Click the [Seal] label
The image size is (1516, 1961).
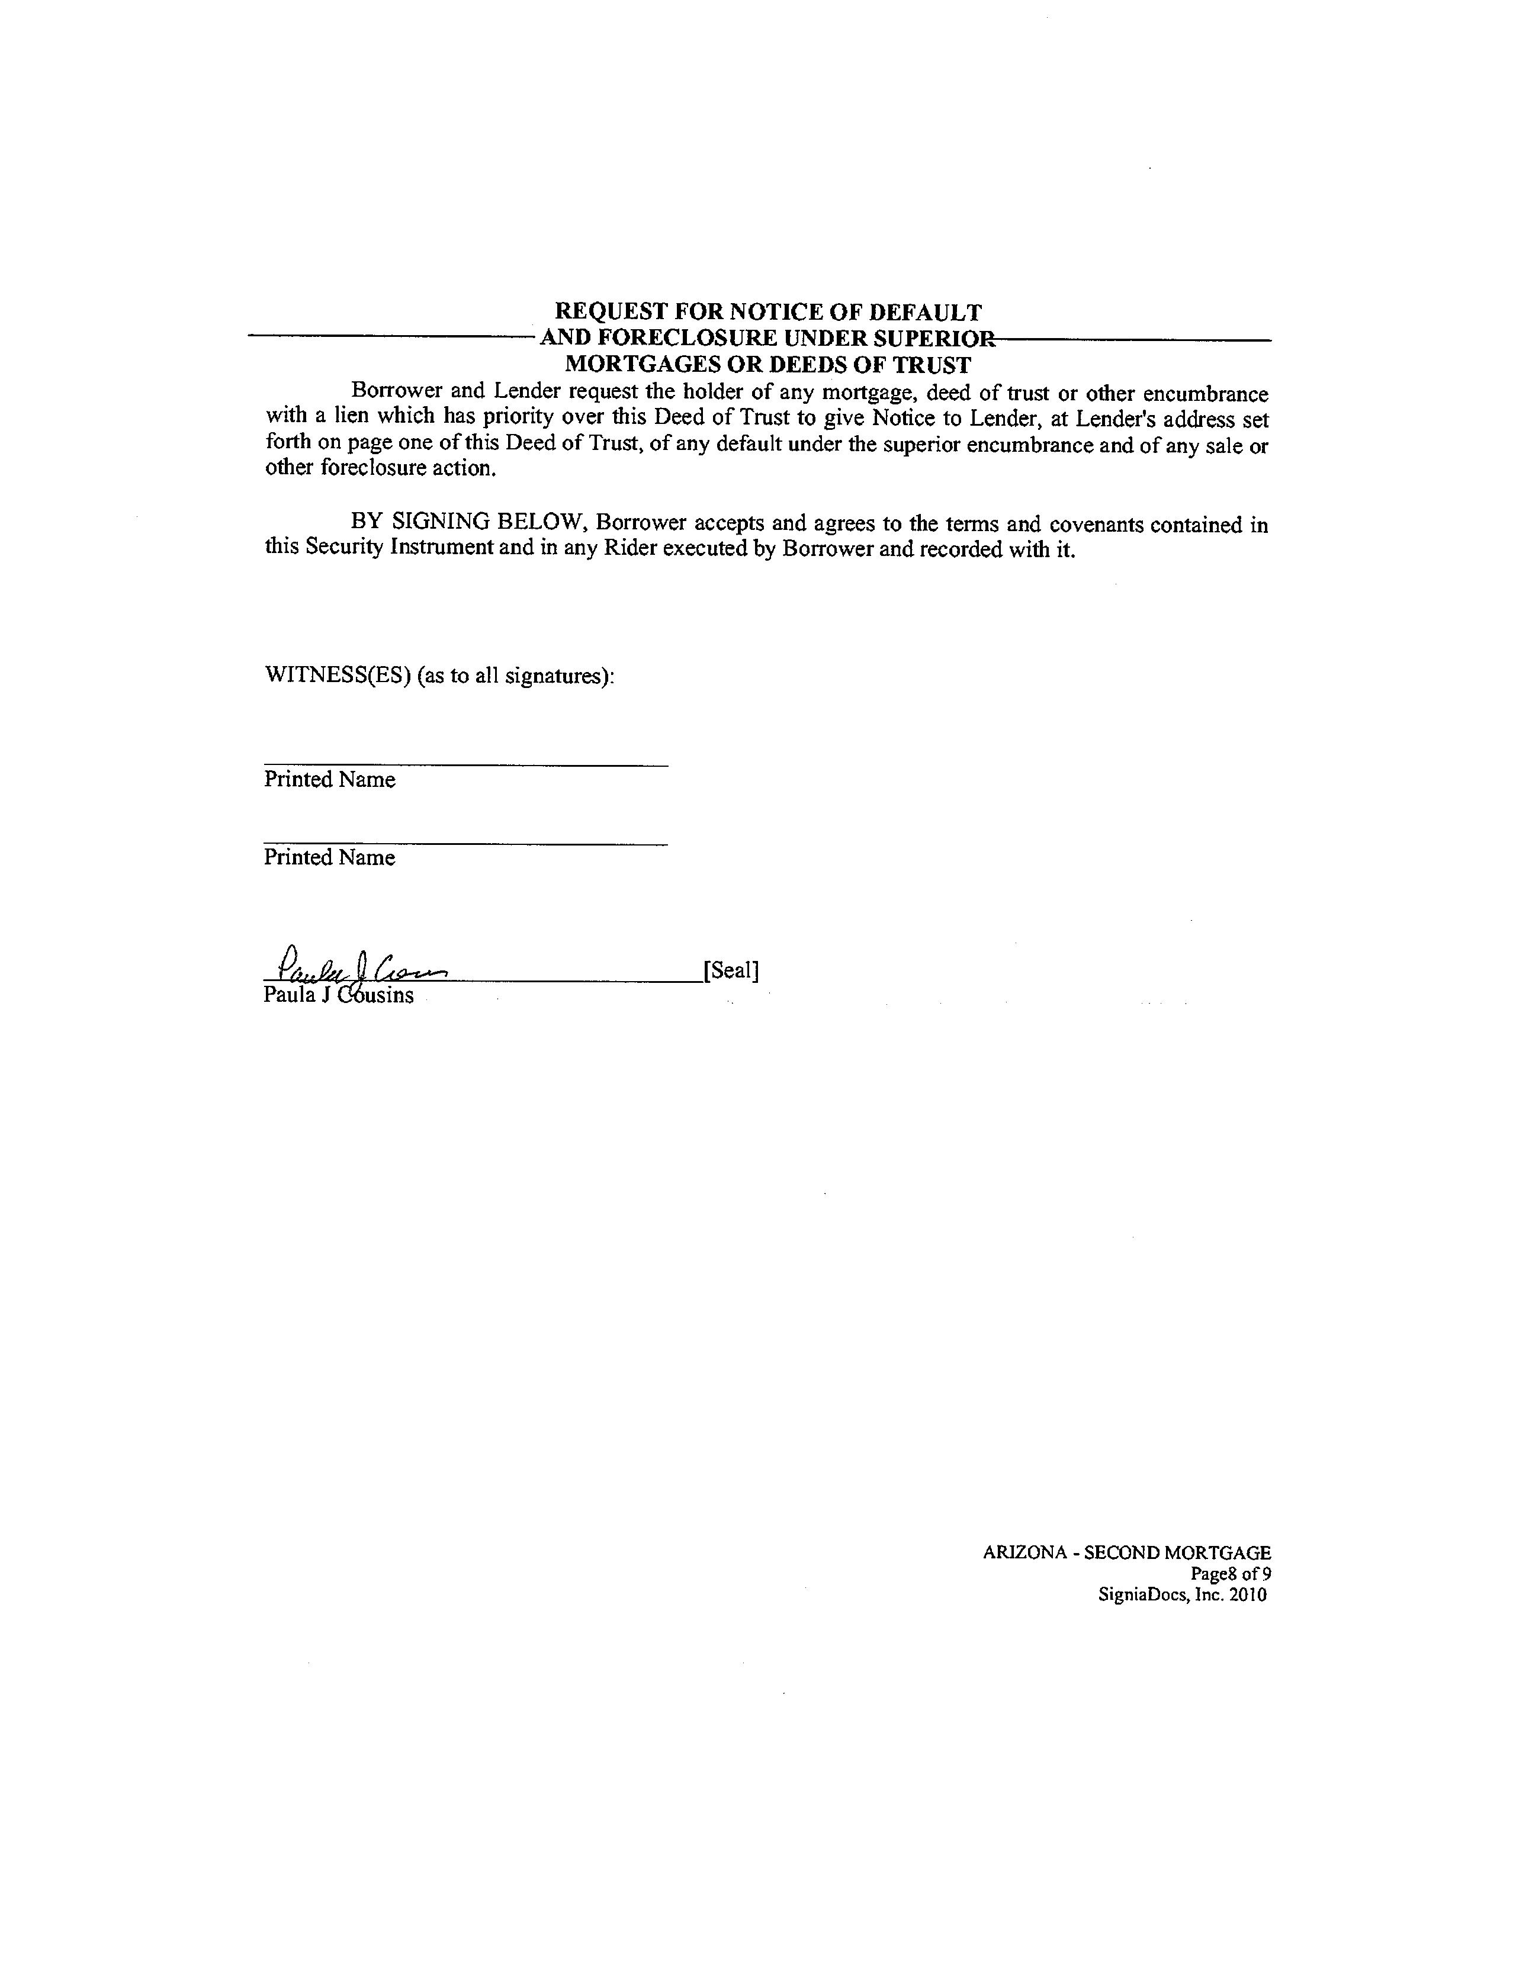click(731, 970)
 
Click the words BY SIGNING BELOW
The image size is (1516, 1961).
click(466, 523)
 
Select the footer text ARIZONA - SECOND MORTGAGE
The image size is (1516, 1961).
click(1126, 1552)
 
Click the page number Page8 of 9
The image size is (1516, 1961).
click(1231, 1573)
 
